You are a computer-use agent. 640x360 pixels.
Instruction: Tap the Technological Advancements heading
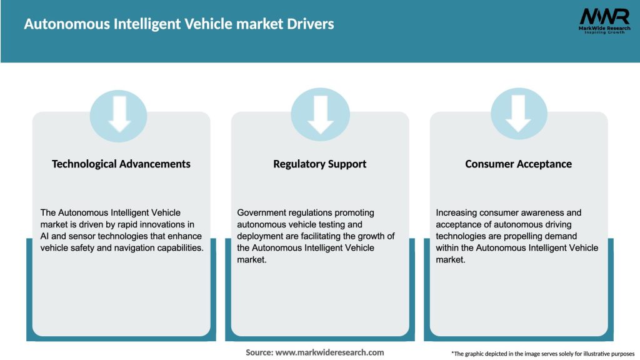click(x=121, y=164)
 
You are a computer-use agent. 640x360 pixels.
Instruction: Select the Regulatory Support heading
click(x=319, y=164)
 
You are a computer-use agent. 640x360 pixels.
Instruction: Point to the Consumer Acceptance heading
click(x=518, y=164)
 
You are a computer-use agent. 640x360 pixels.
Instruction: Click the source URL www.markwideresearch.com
click(x=329, y=352)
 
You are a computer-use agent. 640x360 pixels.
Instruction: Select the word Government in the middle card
click(x=259, y=213)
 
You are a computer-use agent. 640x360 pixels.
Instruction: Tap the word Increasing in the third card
click(x=456, y=213)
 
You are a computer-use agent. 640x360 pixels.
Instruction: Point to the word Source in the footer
click(x=259, y=352)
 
